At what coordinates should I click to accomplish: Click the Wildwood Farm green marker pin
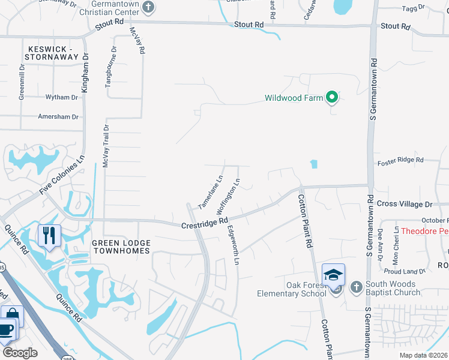[x=331, y=97]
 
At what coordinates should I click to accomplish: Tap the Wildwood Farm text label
[x=294, y=98]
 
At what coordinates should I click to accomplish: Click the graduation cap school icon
[x=333, y=274]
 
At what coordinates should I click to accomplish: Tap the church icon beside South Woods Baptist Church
[x=355, y=286]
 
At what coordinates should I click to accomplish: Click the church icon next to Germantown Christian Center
[x=149, y=7]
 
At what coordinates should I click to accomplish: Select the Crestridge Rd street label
[x=204, y=222]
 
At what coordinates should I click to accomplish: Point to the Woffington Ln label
[x=229, y=197]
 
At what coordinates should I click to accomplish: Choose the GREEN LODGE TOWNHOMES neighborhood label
[x=120, y=246]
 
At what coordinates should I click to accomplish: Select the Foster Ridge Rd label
[x=400, y=160]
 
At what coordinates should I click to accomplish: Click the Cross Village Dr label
[x=405, y=204]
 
